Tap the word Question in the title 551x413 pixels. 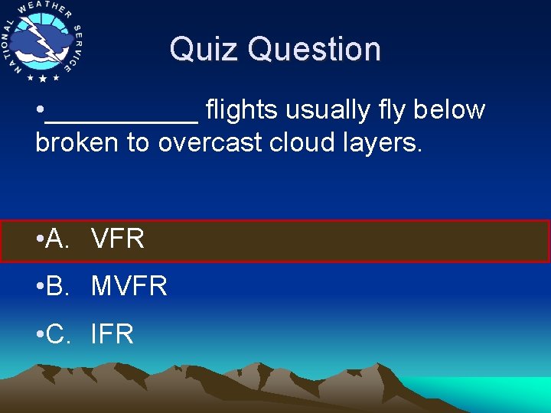(315, 49)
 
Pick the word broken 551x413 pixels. (77, 142)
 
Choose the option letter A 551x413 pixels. (56, 239)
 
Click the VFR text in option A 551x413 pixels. (117, 239)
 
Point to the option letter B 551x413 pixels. (56, 287)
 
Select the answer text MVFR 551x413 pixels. (129, 287)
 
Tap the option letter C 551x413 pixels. (57, 334)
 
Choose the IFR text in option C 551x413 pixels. (112, 334)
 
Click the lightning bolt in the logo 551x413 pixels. (39, 39)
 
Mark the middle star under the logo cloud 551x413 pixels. (43, 79)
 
